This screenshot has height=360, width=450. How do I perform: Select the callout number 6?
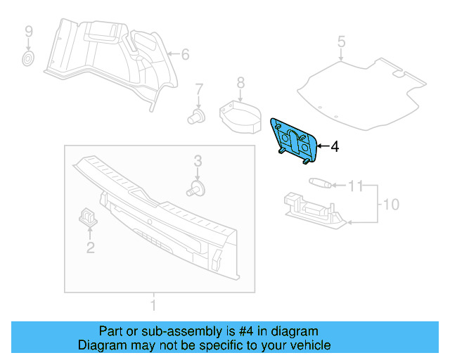pos(186,54)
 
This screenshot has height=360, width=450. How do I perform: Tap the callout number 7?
pos(199,89)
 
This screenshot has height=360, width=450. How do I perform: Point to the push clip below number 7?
pos(198,115)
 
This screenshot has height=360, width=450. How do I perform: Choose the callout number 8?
pos(240,83)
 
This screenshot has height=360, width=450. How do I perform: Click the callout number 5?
pos(341,42)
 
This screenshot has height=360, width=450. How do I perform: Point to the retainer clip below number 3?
pos(197,188)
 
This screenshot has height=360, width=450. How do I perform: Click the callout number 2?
pos(90,247)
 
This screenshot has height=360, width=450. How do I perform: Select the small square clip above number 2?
pos(87,217)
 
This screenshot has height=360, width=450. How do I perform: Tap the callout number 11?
pos(356,186)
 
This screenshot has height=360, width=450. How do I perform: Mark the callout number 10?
pos(390,205)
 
